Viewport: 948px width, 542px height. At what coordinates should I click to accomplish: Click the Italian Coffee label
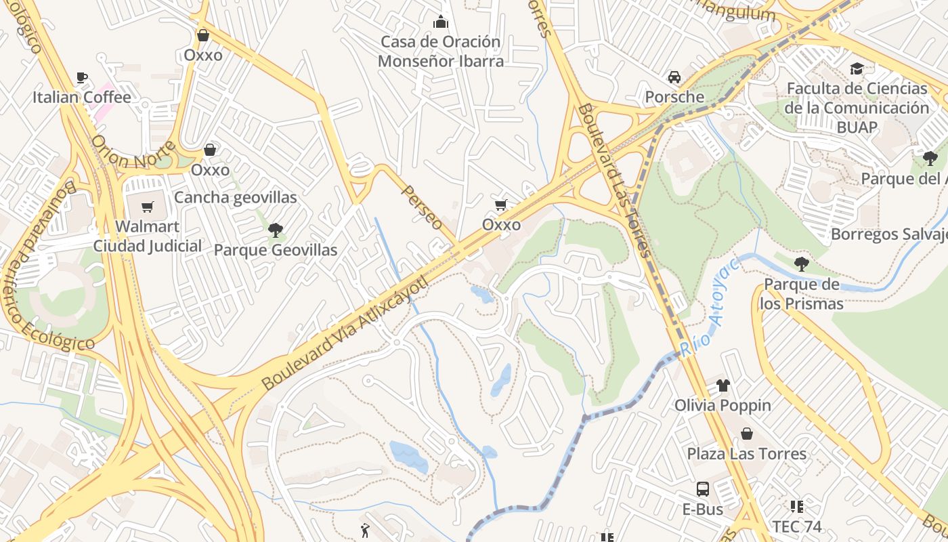coord(81,98)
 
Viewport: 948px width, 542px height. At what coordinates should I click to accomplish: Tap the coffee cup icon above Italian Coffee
coord(81,77)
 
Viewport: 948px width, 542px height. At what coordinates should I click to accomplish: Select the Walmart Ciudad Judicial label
coord(147,236)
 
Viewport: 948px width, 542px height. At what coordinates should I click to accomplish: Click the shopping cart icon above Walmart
coord(147,207)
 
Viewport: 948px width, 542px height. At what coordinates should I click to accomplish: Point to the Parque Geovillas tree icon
coord(275,230)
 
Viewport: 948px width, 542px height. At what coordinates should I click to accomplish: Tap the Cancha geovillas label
coord(235,197)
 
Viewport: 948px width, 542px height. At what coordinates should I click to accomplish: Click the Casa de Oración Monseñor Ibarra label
coord(441,51)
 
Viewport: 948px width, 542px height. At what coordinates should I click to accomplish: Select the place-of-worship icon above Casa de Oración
coord(441,22)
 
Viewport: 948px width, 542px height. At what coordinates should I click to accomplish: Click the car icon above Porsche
coord(674,77)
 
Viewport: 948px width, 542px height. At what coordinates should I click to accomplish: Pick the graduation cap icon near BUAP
coord(857,68)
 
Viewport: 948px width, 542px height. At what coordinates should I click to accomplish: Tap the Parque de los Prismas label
coord(802,293)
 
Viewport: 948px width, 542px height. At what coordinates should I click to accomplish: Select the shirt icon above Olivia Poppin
coord(723,385)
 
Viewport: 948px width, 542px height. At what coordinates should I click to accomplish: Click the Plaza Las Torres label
coord(746,453)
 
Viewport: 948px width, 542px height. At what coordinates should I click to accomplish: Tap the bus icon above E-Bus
coord(702,488)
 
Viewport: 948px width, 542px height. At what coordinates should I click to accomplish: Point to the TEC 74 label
coord(796,526)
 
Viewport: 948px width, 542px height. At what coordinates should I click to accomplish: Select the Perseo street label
coord(423,207)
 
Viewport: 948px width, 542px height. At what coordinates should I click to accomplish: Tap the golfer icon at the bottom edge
coord(366,531)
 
